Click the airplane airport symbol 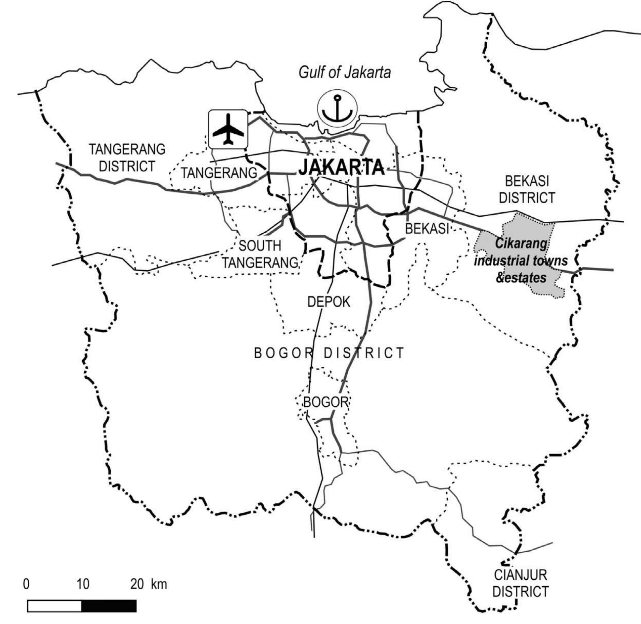(x=228, y=129)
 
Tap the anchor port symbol (x=337, y=108)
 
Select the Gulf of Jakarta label (x=344, y=73)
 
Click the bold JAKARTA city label (x=342, y=168)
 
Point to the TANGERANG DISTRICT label (x=127, y=158)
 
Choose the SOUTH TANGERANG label (x=260, y=254)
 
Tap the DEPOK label (x=329, y=302)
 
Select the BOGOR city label (x=325, y=402)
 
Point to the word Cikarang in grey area (x=521, y=244)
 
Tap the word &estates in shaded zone (x=521, y=278)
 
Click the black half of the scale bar (x=109, y=606)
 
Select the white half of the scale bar (x=54, y=606)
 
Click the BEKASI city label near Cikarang (x=427, y=228)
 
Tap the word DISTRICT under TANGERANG (x=127, y=166)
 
